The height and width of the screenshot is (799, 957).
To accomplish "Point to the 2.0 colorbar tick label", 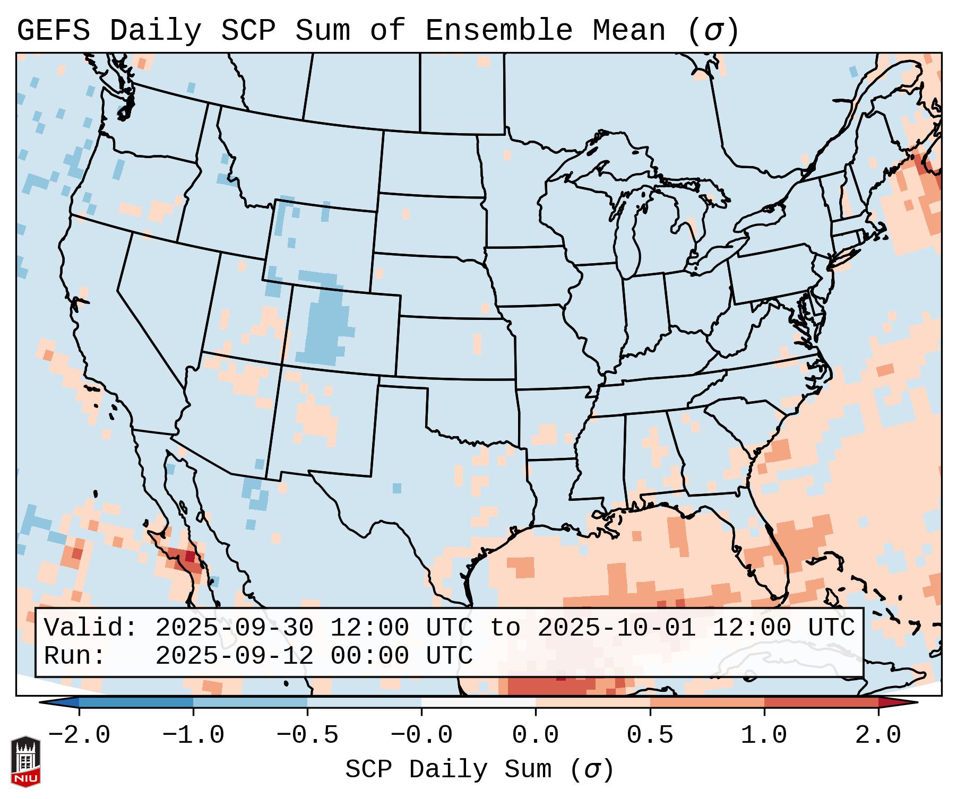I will [x=878, y=735].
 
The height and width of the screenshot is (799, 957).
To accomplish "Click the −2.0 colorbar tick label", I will [x=79, y=735].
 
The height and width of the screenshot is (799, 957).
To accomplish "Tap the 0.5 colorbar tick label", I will [x=650, y=735].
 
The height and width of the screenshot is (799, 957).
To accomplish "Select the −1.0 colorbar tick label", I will [x=193, y=735].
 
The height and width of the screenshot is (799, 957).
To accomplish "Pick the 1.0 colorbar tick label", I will [x=764, y=735].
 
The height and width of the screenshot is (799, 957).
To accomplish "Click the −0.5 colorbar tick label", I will [x=307, y=735].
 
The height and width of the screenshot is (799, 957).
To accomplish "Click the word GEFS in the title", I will [x=53, y=30].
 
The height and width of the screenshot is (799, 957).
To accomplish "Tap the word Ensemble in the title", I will [x=499, y=30].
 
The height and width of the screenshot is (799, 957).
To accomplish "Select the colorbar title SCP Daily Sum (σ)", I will [x=479, y=769].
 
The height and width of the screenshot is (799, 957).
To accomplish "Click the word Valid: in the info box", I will [x=91, y=628].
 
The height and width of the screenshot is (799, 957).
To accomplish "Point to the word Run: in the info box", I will [x=75, y=656].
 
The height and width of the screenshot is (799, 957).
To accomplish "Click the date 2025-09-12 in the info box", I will [x=234, y=656].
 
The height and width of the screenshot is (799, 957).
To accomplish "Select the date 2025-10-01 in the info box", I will [x=616, y=628].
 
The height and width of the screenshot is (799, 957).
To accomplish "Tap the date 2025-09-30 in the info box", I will [x=234, y=628].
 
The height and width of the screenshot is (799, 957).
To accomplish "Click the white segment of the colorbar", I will [x=478, y=702].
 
